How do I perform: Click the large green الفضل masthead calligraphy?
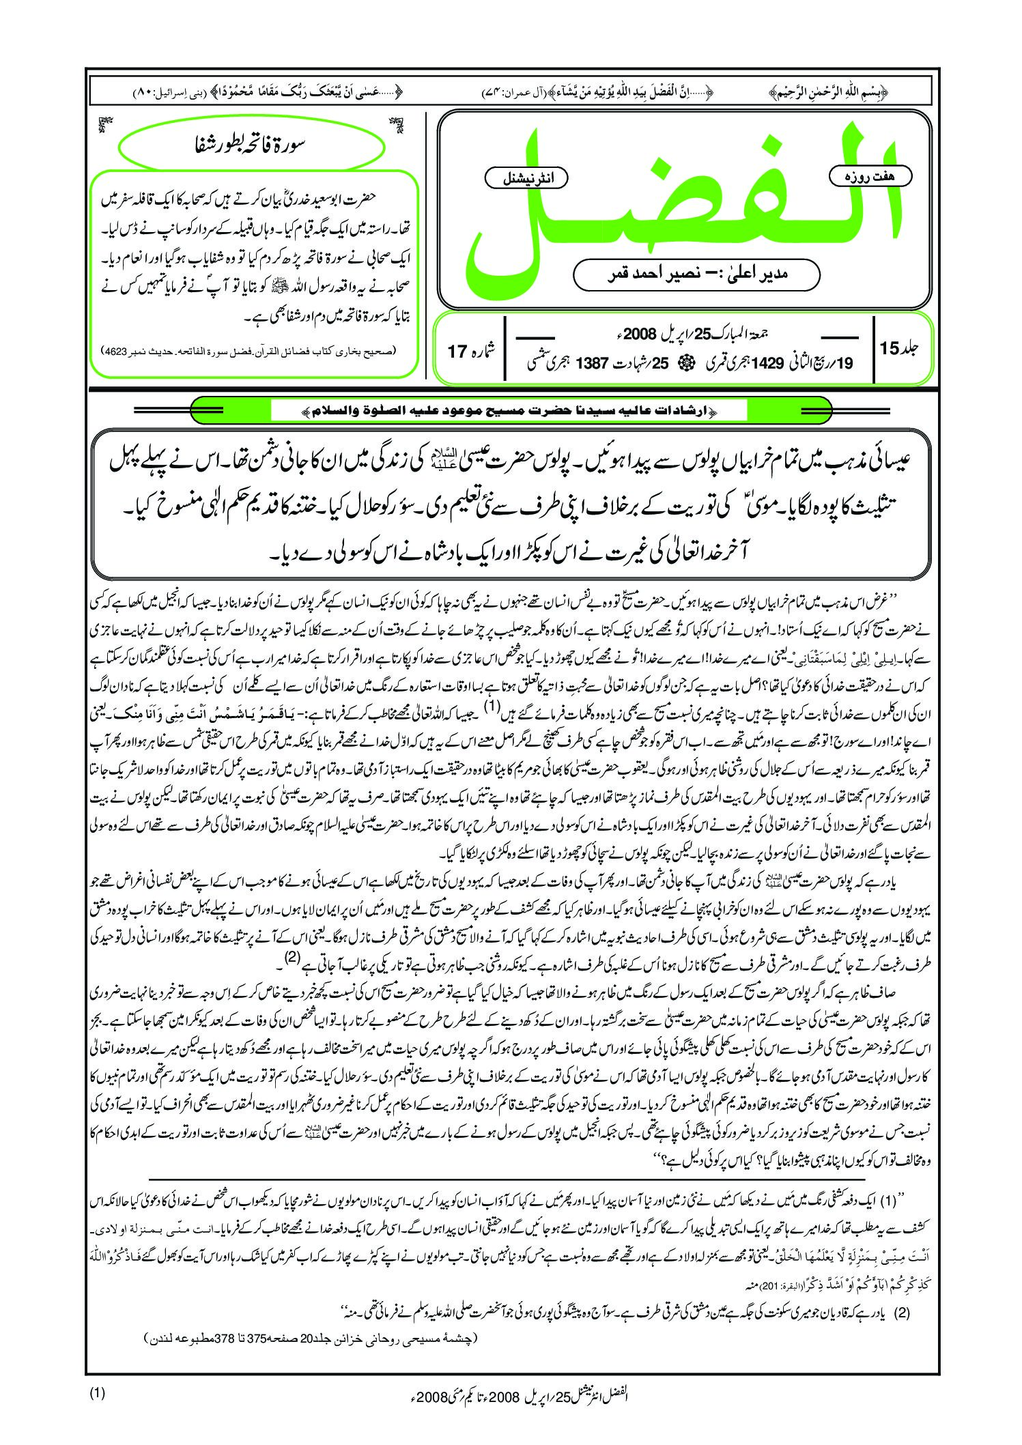coord(683,205)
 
